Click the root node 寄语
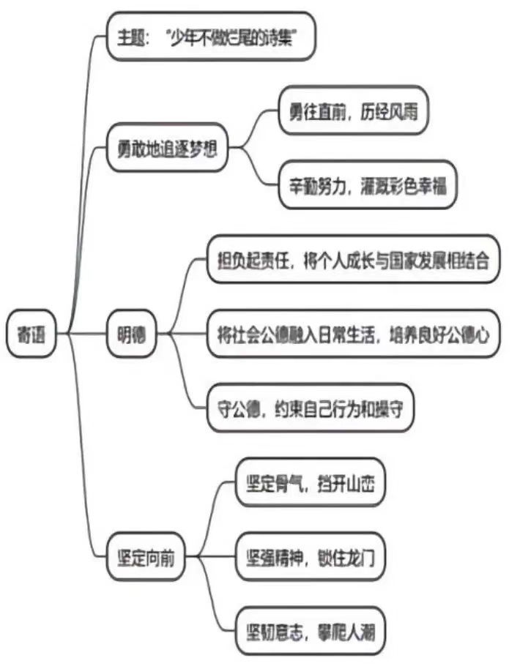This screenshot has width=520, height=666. (31, 336)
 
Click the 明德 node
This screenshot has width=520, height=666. (132, 336)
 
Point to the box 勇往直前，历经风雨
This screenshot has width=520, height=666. (353, 111)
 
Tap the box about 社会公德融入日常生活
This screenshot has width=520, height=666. (353, 334)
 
